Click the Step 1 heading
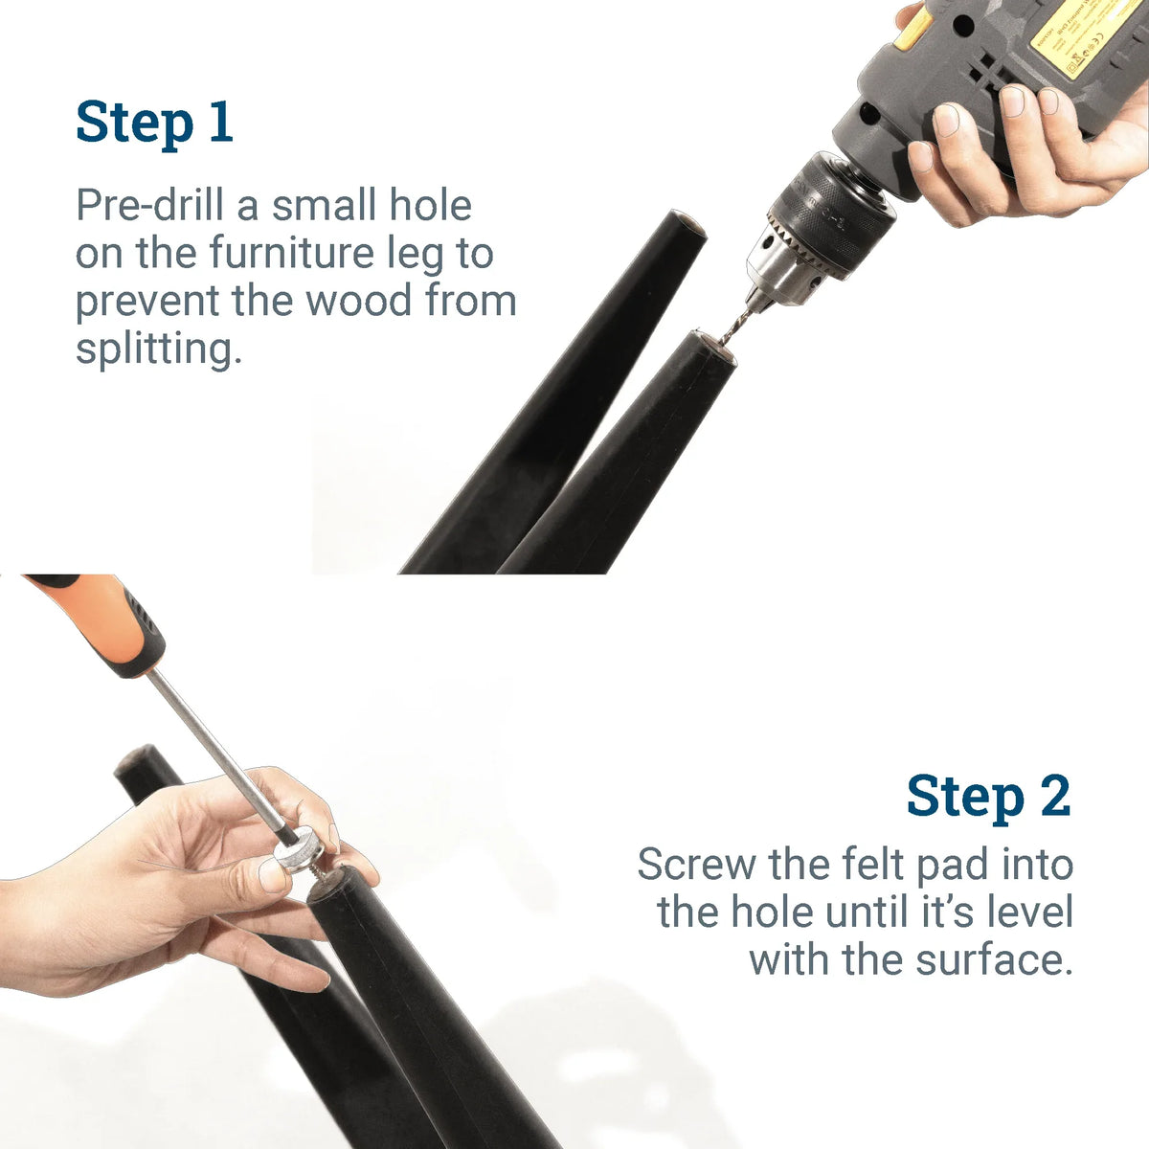coord(154,123)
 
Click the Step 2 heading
coord(988,797)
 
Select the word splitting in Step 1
coord(154,349)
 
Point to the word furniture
coord(291,254)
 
